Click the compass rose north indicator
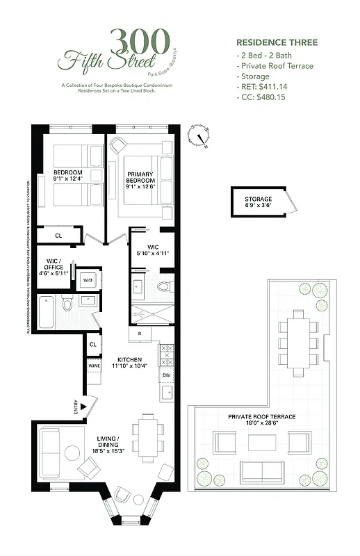(202, 136)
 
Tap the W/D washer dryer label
(88, 280)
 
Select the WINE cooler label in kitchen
(93, 365)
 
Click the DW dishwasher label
(166, 375)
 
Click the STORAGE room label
(258, 202)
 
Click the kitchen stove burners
(167, 356)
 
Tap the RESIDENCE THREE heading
(277, 42)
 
